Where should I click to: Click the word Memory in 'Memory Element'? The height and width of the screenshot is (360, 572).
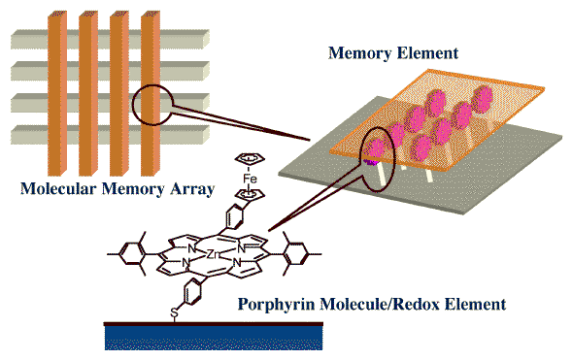(x=359, y=52)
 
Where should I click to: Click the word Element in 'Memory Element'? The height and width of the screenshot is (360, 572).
(x=427, y=52)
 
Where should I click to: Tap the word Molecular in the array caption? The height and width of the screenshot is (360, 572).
(x=58, y=189)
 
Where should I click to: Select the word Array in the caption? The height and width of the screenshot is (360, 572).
(x=192, y=189)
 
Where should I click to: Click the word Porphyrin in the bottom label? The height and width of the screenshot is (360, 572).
(x=277, y=304)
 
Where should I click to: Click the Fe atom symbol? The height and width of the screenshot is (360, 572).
(x=250, y=179)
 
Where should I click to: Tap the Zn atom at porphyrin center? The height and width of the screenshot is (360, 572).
(x=213, y=254)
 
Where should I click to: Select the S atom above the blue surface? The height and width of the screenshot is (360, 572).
(x=175, y=312)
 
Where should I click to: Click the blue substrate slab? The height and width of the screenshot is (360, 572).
(x=214, y=337)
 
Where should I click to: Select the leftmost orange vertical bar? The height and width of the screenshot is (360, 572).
(x=57, y=94)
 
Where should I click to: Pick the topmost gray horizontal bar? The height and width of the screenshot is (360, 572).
(x=110, y=40)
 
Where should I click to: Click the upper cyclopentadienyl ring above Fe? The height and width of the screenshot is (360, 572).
(x=250, y=158)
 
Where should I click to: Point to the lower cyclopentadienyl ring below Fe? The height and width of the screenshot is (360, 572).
(x=250, y=194)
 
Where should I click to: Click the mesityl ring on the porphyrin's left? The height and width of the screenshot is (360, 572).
(x=132, y=254)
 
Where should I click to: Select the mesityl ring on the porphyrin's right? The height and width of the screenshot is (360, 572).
(x=296, y=254)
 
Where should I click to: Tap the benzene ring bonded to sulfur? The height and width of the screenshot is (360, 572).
(x=192, y=292)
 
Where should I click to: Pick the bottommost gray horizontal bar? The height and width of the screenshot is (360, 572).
(x=110, y=135)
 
